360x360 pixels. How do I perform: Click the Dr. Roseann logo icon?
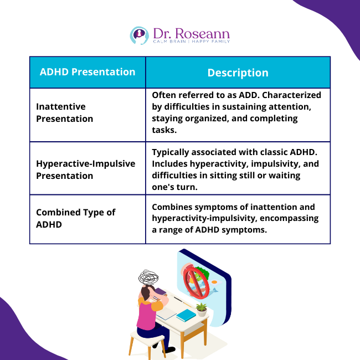pyautogui.click(x=139, y=35)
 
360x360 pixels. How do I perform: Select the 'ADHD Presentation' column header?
pyautogui.click(x=88, y=72)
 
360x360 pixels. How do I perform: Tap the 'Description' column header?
pyautogui.click(x=238, y=73)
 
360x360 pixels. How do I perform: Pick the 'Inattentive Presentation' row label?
pyautogui.click(x=65, y=112)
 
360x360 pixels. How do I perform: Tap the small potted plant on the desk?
pyautogui.click(x=202, y=308)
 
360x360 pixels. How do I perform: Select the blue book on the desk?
pyautogui.click(x=186, y=315)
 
